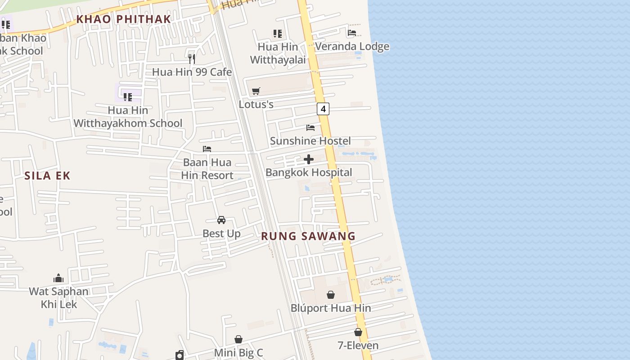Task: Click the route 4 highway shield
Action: pos(323,108)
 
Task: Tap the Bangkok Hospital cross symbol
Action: pos(309,159)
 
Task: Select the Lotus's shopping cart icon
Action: pos(256,91)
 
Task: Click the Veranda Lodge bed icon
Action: pos(352,33)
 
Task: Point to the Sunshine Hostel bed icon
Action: pos(310,128)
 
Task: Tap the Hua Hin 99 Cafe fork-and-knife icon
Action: pos(192,58)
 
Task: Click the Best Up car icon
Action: pos(221,220)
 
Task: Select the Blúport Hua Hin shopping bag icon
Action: pos(331,295)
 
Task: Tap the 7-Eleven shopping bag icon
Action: pos(358,332)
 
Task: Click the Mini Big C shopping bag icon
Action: pos(238,339)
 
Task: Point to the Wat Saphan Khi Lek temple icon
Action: pos(58,278)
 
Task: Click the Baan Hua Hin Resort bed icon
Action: pos(207,149)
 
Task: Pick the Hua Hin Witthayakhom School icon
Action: pos(128,97)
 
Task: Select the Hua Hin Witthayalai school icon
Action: pos(278,33)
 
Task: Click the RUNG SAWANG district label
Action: pos(308,236)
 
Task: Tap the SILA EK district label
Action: pos(48,175)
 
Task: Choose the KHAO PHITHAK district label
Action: pos(124,19)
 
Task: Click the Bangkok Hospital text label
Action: pos(309,172)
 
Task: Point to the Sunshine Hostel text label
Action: pos(310,141)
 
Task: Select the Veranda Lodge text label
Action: pos(352,46)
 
